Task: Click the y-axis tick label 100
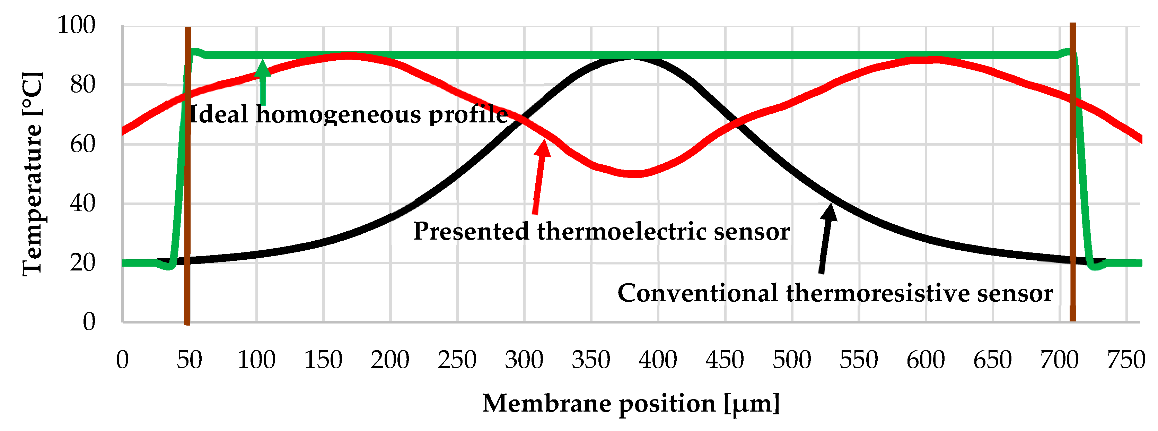77,25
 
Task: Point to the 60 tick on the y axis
83,144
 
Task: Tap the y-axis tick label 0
89,322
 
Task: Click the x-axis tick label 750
1126,360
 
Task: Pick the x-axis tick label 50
189,360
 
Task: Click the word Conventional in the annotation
698,293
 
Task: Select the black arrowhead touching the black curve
830,212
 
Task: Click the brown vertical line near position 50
187,180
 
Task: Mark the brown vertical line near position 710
1073,180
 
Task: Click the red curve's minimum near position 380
633,174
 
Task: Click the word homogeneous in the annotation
339,114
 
